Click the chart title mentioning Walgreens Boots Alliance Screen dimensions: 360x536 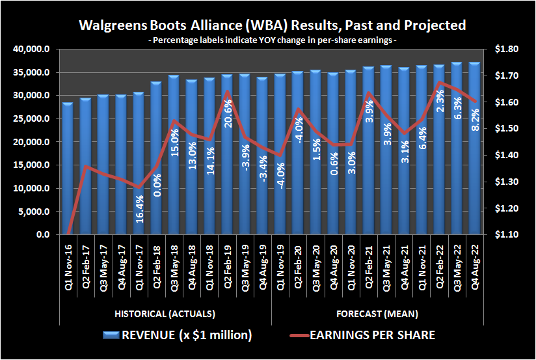(272, 25)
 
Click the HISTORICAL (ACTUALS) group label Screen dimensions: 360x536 (165, 314)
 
